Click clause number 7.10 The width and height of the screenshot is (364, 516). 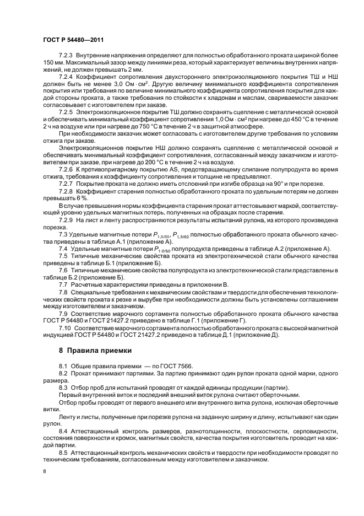[65, 327]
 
